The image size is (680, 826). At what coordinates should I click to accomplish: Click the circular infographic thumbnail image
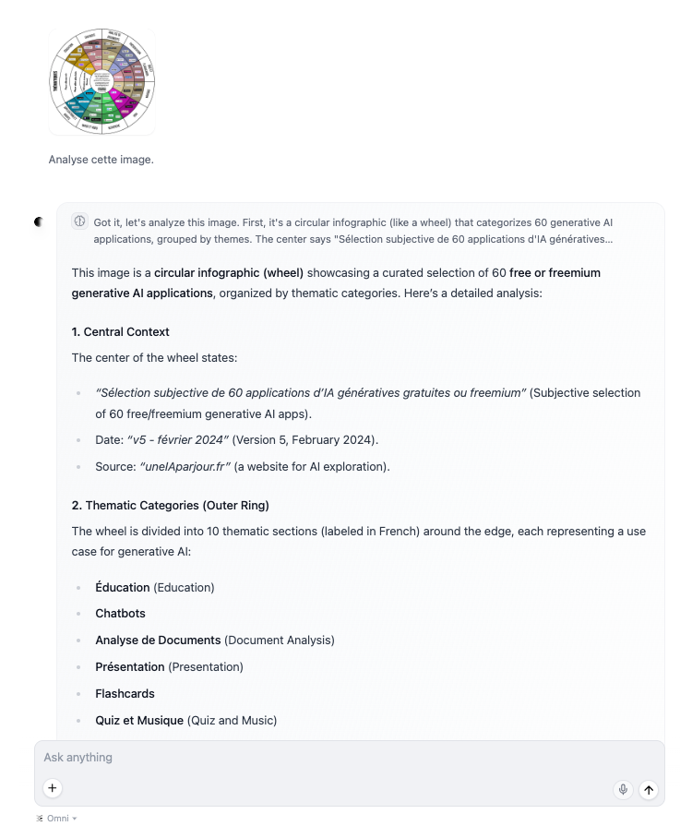point(101,81)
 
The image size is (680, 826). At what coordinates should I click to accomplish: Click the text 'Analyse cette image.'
point(101,160)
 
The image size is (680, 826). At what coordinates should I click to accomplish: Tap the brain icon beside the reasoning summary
point(80,221)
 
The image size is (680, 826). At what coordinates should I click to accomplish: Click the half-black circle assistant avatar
point(39,221)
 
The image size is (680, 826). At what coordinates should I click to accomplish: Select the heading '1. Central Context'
point(120,331)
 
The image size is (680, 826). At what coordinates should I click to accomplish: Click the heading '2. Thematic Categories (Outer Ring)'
point(170,505)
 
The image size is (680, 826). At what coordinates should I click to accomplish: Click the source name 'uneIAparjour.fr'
point(184,466)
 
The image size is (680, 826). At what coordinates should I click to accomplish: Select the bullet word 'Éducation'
point(122,587)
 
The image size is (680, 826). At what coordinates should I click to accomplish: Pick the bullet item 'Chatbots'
point(120,613)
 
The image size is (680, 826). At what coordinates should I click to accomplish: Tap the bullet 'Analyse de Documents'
point(158,640)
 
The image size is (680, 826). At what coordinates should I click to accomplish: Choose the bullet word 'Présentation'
point(130,666)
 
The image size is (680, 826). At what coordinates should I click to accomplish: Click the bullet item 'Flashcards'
point(125,693)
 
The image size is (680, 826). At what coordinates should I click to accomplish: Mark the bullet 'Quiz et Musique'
point(139,720)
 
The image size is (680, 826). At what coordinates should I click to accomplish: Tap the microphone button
point(623,789)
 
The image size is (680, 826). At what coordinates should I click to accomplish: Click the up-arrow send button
point(649,789)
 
